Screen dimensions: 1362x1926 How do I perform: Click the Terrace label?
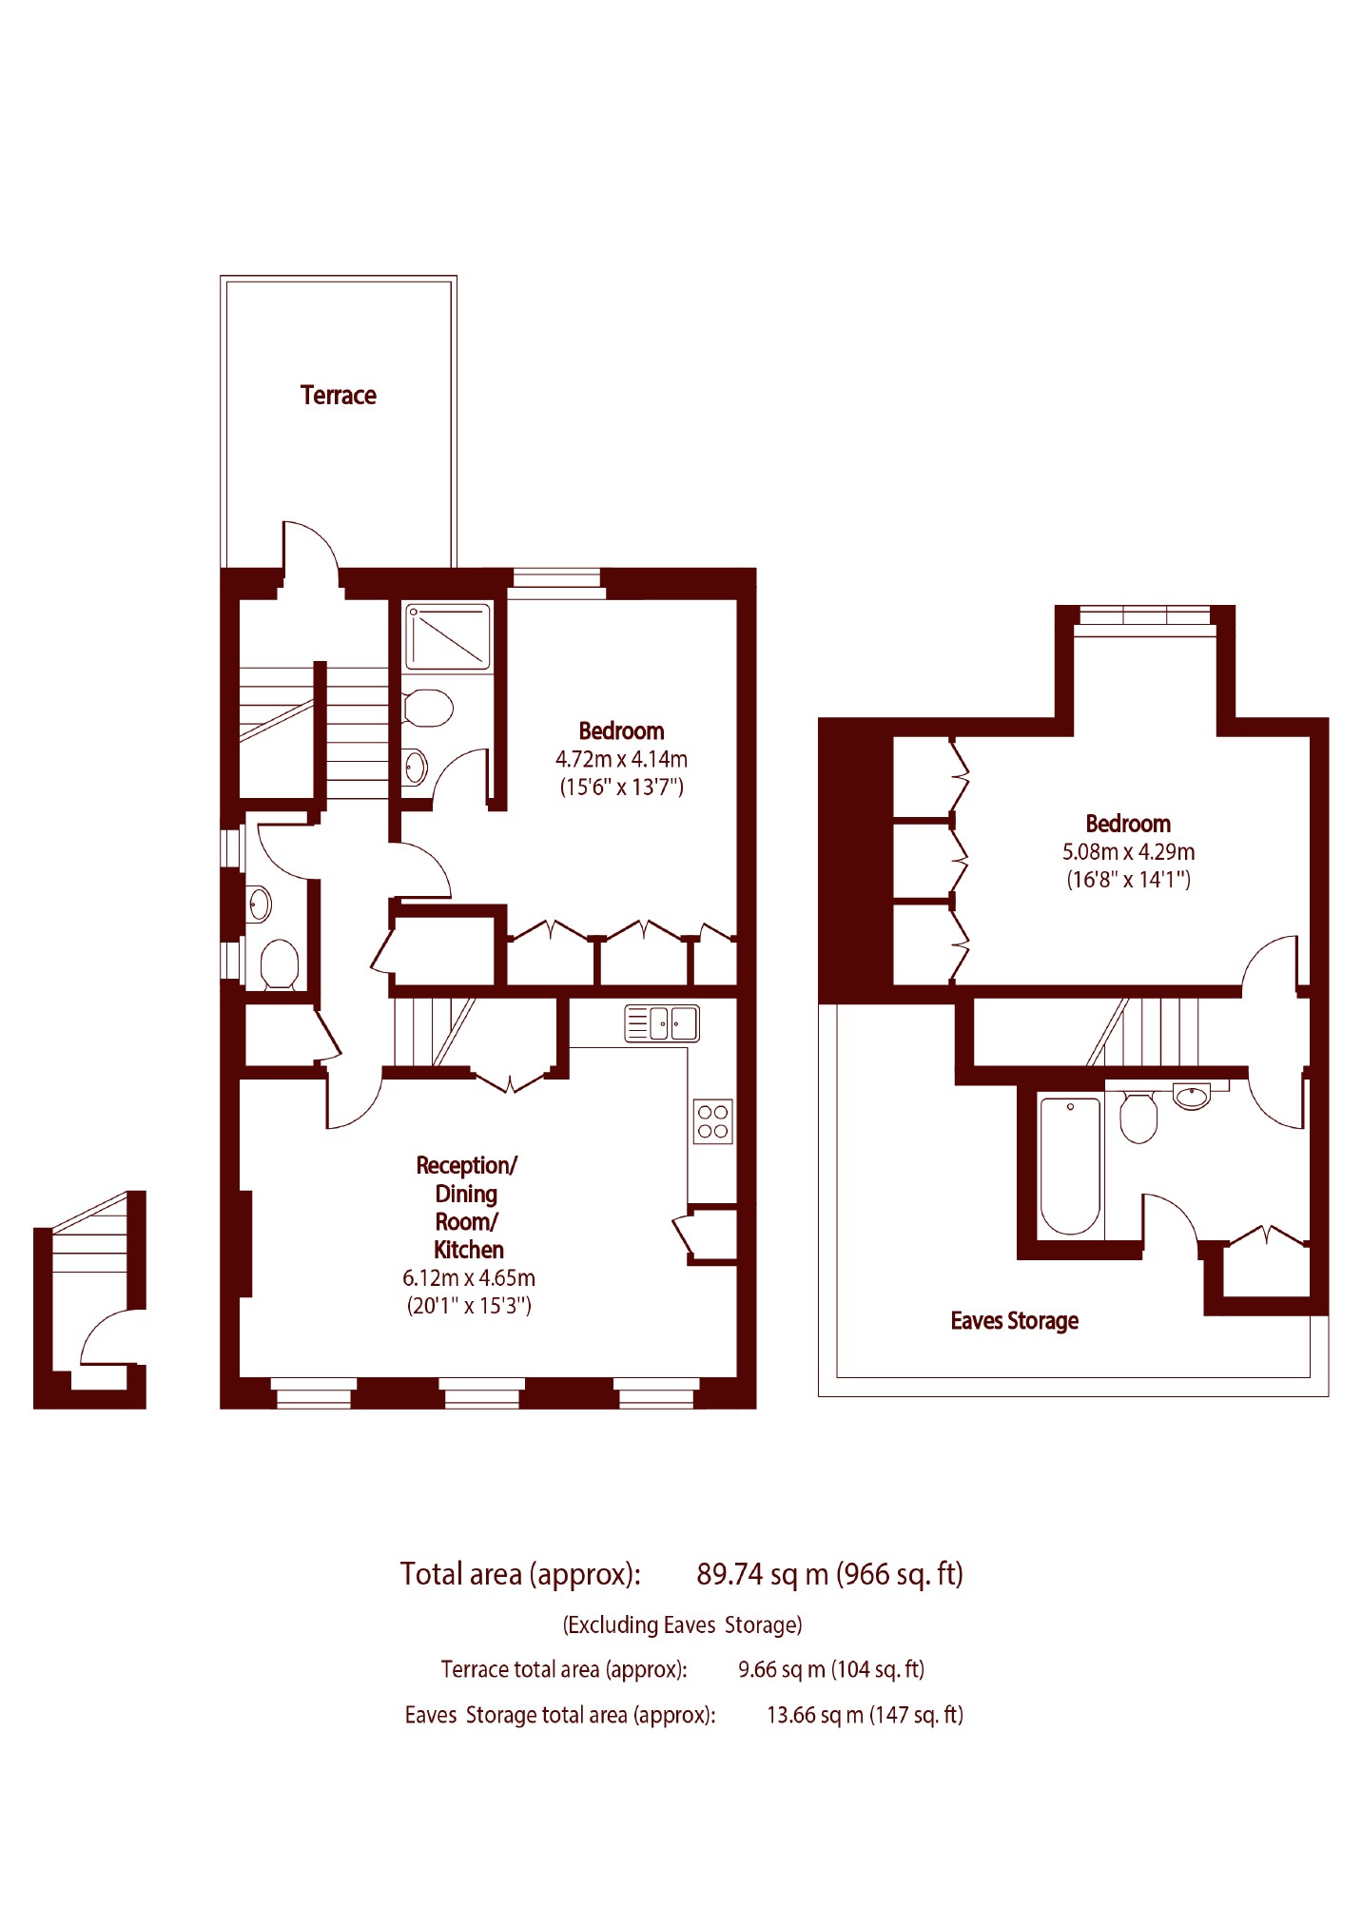point(338,395)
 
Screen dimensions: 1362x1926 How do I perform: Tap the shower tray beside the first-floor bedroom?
point(447,636)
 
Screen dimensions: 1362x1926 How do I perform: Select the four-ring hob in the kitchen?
point(713,1121)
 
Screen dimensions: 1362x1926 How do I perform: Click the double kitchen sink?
point(662,1023)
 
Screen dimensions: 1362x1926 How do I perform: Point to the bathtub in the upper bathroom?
point(1070,1166)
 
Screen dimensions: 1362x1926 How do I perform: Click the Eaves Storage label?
point(1015,1321)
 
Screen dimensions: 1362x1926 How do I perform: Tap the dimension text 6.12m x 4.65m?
point(469,1277)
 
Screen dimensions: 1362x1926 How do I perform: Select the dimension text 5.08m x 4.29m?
point(1128,851)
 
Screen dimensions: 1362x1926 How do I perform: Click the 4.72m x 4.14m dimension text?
point(621,759)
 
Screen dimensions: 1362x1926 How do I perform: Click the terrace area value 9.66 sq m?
point(782,1669)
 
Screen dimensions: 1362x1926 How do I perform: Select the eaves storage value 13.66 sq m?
point(815,1715)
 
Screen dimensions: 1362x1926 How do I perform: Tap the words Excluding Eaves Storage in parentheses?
point(683,1624)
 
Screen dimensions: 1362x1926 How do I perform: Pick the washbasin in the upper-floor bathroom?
point(1192,1097)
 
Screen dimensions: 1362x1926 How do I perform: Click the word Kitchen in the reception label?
point(469,1250)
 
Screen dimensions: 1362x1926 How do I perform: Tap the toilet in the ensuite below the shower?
point(427,708)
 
